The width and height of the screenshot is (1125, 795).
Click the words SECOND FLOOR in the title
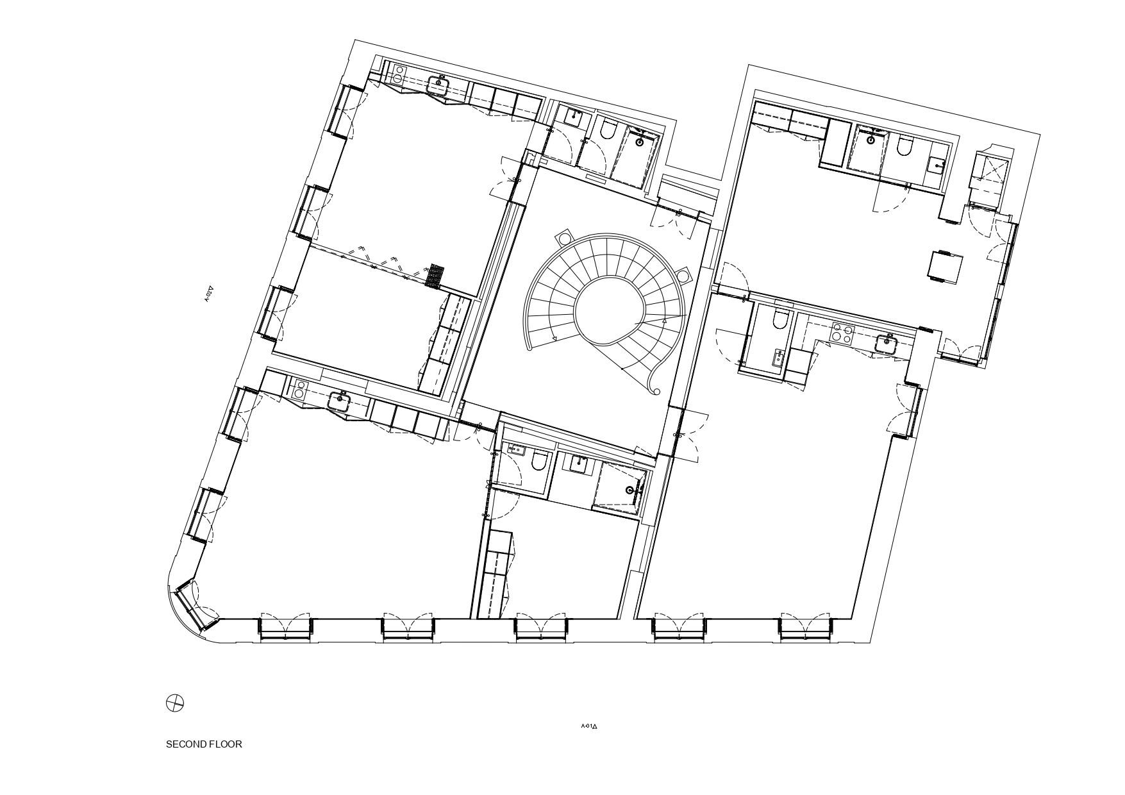[x=204, y=744]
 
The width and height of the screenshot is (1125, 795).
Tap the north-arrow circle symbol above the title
[x=175, y=703]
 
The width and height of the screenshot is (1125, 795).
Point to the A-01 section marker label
[x=588, y=726]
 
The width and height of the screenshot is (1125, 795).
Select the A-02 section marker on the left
[x=208, y=294]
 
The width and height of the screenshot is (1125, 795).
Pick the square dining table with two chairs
[x=946, y=266]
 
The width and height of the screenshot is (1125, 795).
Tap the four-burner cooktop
[x=842, y=333]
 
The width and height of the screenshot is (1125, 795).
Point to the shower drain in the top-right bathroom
[x=872, y=139]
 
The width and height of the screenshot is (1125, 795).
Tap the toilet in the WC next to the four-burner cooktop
[x=780, y=319]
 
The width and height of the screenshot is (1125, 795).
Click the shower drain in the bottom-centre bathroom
[x=630, y=490]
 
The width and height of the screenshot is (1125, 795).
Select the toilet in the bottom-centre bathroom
[x=540, y=461]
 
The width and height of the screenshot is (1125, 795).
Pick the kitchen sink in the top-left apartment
[x=439, y=83]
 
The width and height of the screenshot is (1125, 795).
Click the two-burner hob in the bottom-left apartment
[x=299, y=388]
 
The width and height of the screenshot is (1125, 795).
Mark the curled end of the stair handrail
[x=654, y=388]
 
